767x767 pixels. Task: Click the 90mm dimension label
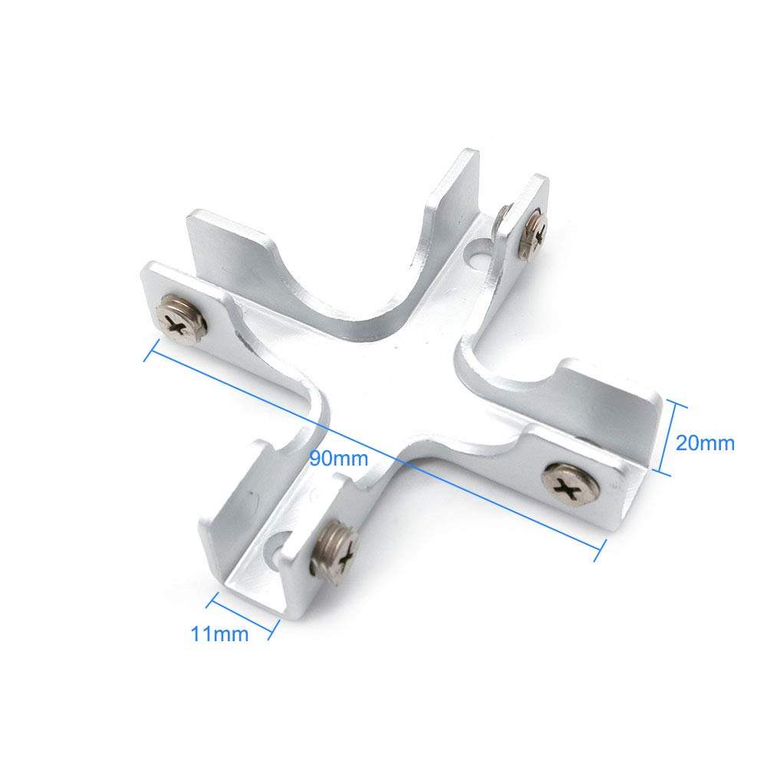(x=338, y=459)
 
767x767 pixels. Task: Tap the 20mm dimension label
(x=705, y=443)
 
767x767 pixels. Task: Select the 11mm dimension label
(x=219, y=634)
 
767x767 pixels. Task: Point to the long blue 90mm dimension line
(x=375, y=449)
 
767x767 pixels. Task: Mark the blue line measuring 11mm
(x=242, y=616)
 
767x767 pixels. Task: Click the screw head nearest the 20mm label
(x=571, y=482)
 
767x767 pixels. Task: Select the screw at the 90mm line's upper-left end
(x=180, y=320)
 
